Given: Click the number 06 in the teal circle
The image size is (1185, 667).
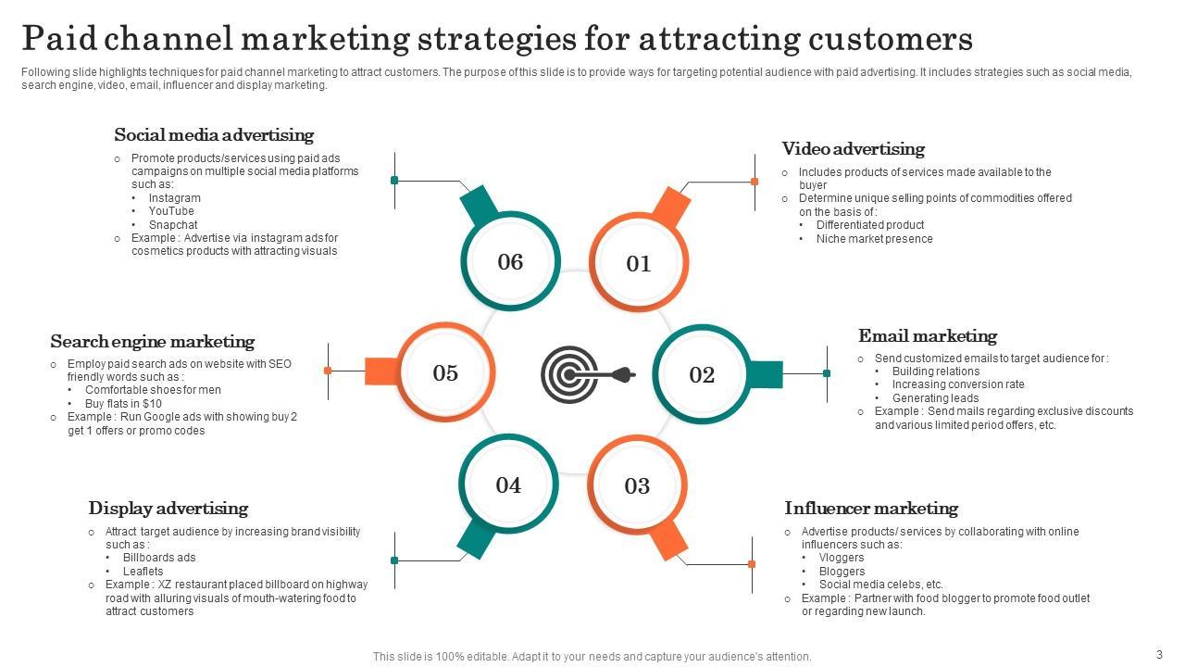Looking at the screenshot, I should click(x=510, y=262).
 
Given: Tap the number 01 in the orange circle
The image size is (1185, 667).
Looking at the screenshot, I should click(x=639, y=264).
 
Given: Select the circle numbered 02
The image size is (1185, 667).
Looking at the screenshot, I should click(x=702, y=374).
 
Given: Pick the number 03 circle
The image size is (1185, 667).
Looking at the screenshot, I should click(x=637, y=485).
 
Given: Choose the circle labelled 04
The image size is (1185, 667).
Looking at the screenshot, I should click(x=508, y=485).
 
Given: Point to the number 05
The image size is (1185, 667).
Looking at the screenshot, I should click(x=445, y=372).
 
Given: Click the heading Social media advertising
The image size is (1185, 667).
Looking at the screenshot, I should click(x=214, y=135).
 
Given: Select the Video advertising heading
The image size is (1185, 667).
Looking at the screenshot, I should click(x=853, y=149).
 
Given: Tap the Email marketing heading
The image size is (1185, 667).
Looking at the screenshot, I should click(x=927, y=336).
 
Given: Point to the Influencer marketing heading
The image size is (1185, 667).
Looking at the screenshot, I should click(x=870, y=509).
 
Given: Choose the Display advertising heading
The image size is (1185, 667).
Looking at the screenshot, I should click(x=168, y=509).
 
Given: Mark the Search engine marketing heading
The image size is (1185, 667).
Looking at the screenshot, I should click(x=152, y=342).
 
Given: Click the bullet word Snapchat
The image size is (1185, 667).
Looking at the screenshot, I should click(x=173, y=224).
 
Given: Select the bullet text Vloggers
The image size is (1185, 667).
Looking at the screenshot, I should click(x=842, y=558).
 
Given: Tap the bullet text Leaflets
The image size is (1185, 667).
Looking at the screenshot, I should click(x=143, y=572).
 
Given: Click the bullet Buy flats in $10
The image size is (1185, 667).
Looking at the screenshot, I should click(x=123, y=404).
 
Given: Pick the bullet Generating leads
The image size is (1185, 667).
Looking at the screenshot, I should click(x=935, y=398).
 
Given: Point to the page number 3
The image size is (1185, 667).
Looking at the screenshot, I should click(x=1159, y=654).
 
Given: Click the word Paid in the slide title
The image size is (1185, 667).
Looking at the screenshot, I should click(x=57, y=39).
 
